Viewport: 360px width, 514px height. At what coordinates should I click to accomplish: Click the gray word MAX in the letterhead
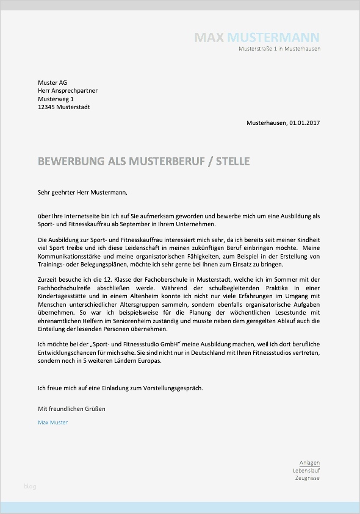pos(209,38)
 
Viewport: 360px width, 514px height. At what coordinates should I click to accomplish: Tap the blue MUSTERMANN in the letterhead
pos(273,38)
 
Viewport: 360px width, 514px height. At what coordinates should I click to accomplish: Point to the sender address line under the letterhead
pos(279,49)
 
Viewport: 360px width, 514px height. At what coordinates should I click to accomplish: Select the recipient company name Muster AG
pos(52,82)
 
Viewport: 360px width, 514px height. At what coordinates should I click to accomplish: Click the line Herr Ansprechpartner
pos(67,91)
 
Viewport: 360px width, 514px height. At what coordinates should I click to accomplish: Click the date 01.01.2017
pos(304,123)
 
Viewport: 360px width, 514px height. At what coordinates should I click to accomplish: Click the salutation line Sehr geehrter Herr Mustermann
pos(82,193)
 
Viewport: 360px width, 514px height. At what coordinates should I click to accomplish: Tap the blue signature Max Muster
pos(52,423)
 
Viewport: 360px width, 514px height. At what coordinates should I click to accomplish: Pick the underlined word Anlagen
pos(309,463)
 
